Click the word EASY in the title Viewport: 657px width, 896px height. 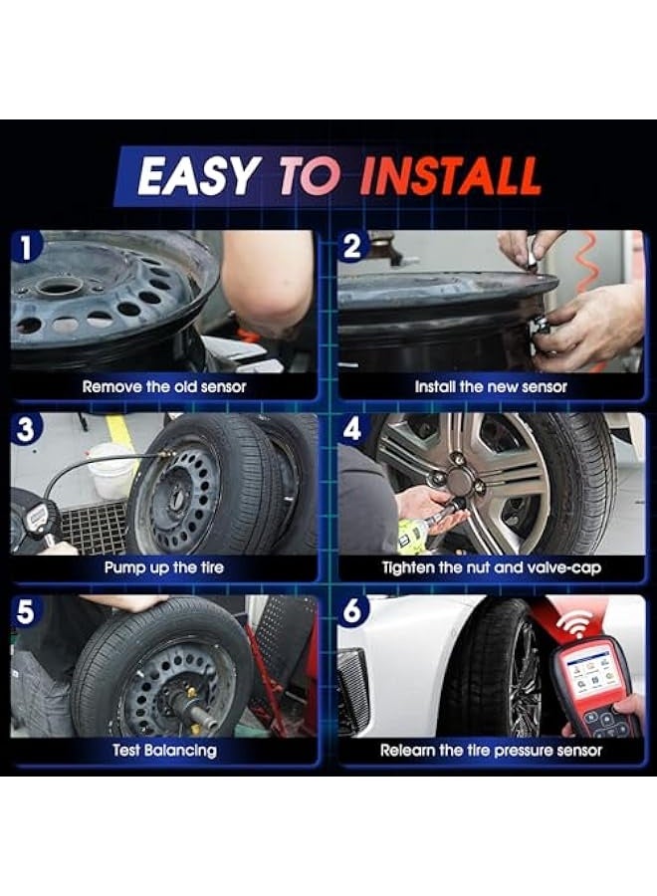click(197, 176)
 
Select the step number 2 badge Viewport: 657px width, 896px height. click(352, 247)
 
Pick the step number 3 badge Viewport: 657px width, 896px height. click(26, 429)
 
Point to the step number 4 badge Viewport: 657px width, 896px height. click(352, 429)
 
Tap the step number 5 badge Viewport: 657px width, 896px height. click(26, 611)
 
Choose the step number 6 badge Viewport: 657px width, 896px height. click(352, 611)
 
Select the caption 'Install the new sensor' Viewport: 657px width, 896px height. click(491, 386)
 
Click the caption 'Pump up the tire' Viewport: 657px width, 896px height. click(163, 567)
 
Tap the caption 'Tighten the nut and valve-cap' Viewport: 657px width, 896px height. click(491, 567)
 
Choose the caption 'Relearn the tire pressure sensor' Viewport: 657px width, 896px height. click(491, 750)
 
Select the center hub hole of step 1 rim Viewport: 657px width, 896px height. click(61, 287)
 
